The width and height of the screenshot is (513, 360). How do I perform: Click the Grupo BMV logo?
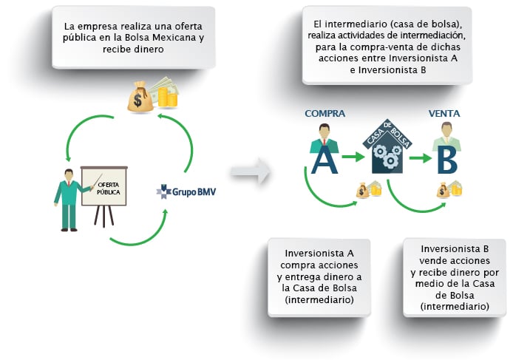tap(186, 191)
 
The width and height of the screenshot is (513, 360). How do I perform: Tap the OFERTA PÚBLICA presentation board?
tap(104, 186)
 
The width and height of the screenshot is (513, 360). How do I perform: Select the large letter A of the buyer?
tap(325, 160)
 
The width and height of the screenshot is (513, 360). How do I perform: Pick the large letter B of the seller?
tap(447, 160)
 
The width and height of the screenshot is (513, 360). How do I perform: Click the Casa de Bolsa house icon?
tap(387, 146)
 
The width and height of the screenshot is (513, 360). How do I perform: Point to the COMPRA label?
tap(325, 114)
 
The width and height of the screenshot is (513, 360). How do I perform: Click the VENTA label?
tap(444, 114)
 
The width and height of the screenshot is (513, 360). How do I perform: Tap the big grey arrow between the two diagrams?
tap(251, 171)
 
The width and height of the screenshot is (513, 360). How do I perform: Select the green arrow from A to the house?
tap(353, 157)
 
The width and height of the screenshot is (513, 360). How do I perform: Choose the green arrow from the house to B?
tap(421, 158)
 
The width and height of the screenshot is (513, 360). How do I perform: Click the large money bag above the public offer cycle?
tap(140, 97)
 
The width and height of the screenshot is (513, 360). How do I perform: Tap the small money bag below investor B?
tap(443, 190)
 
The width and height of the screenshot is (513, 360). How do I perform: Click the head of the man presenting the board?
tap(69, 175)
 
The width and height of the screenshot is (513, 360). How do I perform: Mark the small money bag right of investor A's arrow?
tap(362, 190)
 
